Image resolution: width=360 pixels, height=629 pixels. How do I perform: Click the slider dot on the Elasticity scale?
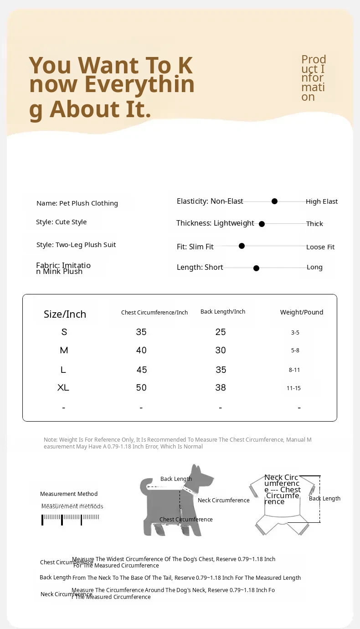(274, 201)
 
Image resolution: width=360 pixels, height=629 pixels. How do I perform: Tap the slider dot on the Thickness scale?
(262, 224)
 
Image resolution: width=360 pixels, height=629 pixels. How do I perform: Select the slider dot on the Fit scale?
(242, 246)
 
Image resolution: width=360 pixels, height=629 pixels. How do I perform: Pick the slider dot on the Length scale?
(256, 268)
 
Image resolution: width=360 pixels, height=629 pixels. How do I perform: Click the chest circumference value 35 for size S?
(141, 332)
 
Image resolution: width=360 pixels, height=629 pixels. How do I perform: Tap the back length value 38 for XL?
(221, 387)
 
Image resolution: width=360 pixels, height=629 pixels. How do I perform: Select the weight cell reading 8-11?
(294, 370)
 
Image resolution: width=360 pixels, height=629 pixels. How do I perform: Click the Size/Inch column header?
(65, 314)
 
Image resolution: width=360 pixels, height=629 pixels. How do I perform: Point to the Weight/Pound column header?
(302, 312)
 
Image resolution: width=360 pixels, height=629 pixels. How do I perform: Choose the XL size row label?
(63, 387)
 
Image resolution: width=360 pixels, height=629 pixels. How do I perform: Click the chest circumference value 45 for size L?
(141, 370)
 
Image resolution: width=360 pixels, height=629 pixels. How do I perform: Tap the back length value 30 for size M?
(221, 350)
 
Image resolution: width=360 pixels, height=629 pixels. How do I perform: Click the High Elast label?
(322, 201)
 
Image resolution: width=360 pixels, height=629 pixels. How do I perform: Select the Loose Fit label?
(320, 247)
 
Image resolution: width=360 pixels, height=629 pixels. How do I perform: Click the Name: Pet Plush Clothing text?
(77, 203)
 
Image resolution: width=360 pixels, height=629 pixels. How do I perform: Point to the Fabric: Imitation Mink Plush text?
(63, 268)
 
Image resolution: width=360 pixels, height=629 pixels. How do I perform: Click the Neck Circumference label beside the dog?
(224, 500)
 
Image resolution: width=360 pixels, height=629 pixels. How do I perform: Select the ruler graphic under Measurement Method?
(71, 519)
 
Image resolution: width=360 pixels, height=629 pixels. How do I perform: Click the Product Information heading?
(314, 78)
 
